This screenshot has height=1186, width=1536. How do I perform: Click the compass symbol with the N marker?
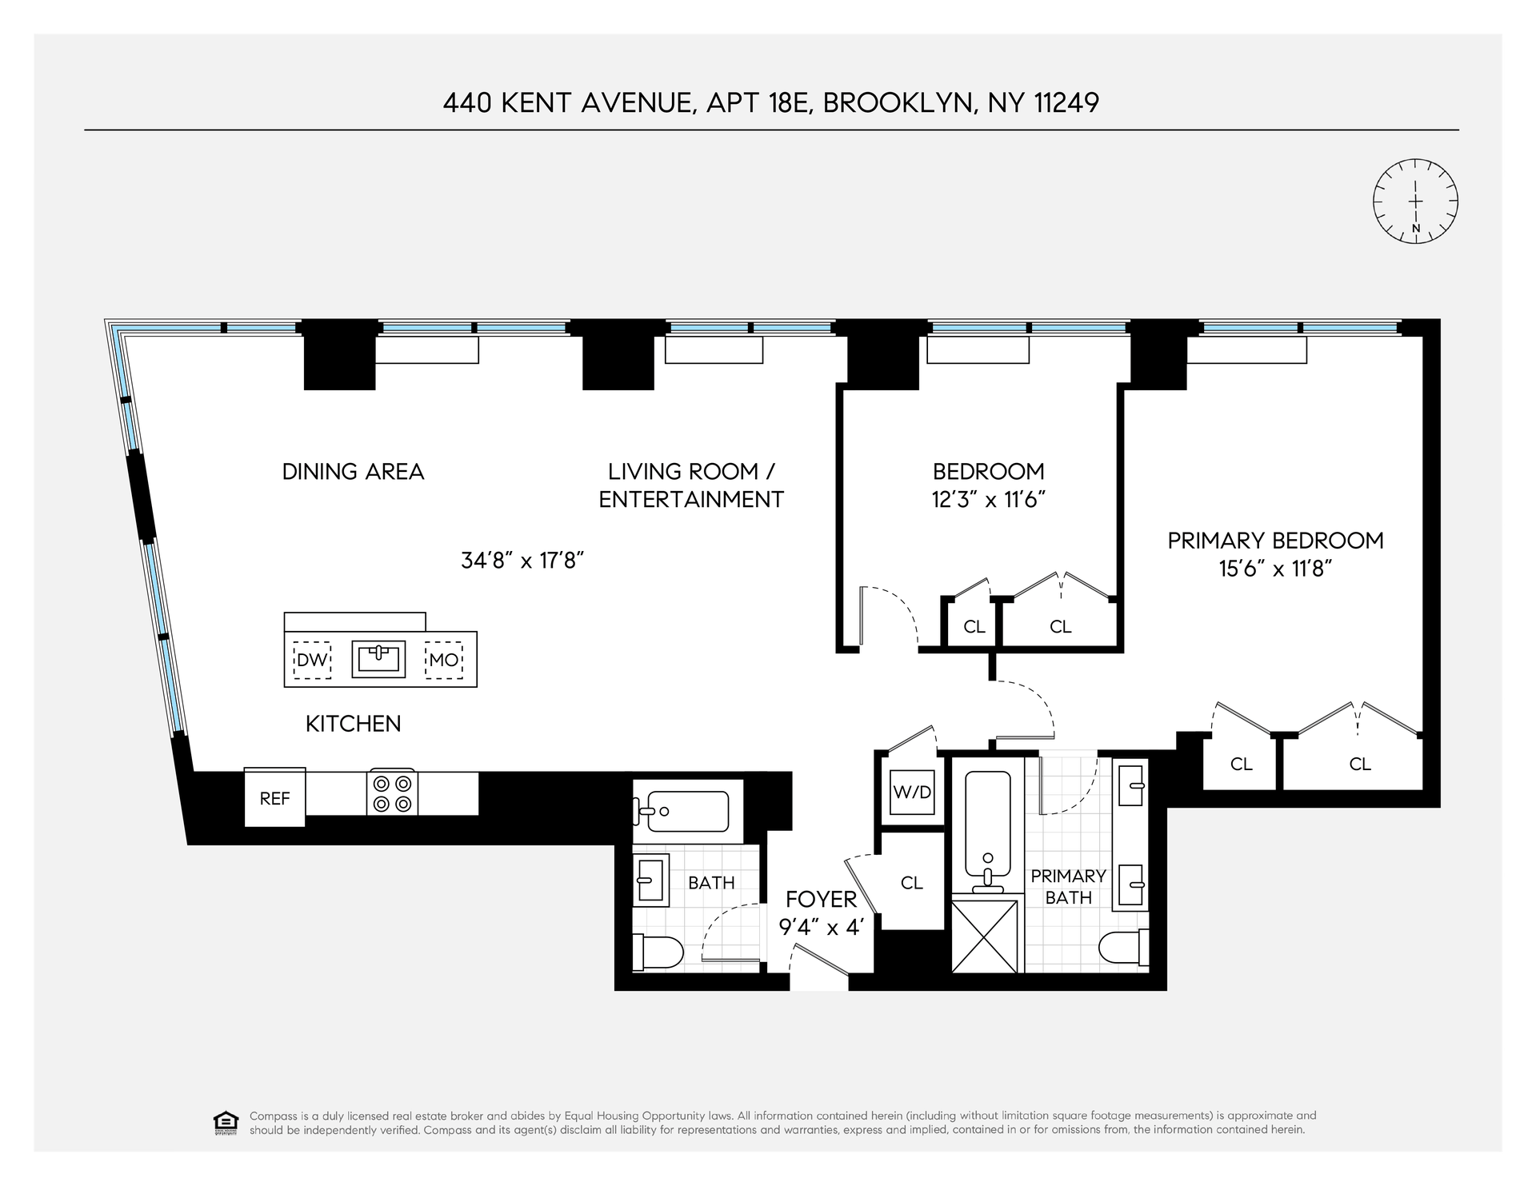1415,201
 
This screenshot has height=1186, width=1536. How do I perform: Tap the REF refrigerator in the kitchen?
274,797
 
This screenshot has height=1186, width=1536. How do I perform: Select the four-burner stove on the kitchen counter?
392,793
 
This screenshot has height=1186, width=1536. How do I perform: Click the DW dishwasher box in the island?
312,660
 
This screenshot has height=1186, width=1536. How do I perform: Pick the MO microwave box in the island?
444,660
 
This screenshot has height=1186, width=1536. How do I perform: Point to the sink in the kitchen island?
378,658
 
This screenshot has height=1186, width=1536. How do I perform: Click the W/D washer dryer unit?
913,793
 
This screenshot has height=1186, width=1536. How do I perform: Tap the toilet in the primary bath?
1124,949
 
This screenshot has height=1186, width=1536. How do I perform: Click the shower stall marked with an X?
987,936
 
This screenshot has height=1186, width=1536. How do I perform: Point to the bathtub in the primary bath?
987,832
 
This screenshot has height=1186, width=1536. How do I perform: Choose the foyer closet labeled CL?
912,881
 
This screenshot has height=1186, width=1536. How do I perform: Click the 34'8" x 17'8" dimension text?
521,560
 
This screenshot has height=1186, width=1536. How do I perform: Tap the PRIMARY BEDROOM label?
1275,541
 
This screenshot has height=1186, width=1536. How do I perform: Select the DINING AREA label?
353,472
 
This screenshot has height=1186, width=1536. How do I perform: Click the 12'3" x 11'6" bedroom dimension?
989,500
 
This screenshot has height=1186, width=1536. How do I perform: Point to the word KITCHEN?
354,724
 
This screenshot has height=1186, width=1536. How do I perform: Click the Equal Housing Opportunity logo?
226,1123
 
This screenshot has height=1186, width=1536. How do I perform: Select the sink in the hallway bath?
651,880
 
